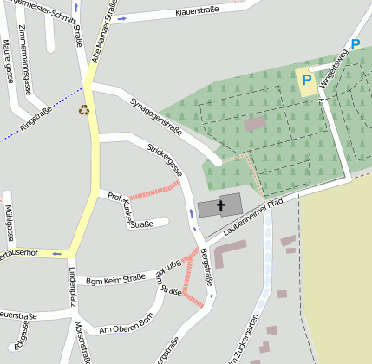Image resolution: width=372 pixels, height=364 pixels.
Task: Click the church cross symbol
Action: (220, 206)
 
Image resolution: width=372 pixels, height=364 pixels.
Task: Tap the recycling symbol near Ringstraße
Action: (84, 110)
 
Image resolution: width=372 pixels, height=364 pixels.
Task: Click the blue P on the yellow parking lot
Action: (306, 80)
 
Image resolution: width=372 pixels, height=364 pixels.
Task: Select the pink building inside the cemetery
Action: (255, 124)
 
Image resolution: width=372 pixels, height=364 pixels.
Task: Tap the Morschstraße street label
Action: (82, 341)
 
